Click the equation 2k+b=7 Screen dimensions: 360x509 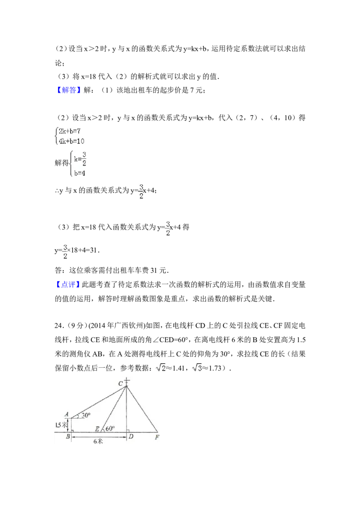click(x=70, y=131)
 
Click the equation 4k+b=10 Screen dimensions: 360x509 click(x=72, y=141)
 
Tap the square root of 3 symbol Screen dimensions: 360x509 click(x=198, y=368)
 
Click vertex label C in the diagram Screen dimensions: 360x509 click(x=121, y=384)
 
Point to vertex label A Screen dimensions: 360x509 click(x=66, y=415)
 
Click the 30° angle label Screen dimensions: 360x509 click(x=86, y=415)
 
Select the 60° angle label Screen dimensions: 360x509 click(x=110, y=429)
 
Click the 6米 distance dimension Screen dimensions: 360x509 click(x=98, y=442)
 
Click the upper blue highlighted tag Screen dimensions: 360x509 click(x=69, y=90)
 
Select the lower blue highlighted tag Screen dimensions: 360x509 click(x=67, y=284)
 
